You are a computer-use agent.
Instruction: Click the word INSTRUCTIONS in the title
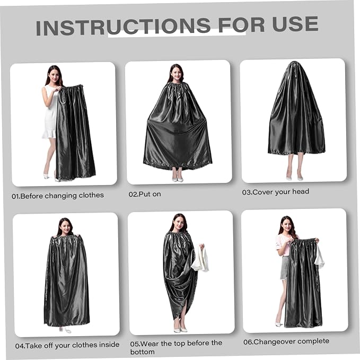(x=123, y=27)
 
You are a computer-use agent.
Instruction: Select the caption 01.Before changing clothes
(x=58, y=196)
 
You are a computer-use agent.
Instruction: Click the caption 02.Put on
(x=145, y=194)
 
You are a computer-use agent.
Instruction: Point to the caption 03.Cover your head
(x=276, y=192)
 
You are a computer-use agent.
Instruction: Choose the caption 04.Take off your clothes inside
(x=67, y=345)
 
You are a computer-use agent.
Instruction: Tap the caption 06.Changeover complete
(x=286, y=341)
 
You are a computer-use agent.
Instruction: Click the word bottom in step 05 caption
(x=142, y=352)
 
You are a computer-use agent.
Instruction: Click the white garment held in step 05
(x=200, y=259)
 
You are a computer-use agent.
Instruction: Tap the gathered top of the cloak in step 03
(x=294, y=64)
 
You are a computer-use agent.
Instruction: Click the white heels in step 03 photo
(x=294, y=178)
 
